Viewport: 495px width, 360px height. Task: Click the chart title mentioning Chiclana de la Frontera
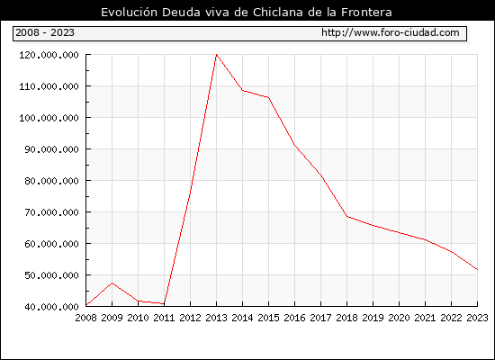click(247, 12)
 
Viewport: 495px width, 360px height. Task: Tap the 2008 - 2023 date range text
click(45, 32)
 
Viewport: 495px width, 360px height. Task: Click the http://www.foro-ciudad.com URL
click(391, 32)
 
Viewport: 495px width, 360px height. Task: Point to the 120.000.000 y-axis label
click(49, 55)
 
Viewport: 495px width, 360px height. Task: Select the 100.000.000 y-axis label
click(49, 118)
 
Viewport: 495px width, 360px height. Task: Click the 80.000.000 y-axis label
click(52, 181)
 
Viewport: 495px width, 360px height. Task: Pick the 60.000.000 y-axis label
click(52, 244)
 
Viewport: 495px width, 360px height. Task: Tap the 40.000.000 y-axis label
click(52, 307)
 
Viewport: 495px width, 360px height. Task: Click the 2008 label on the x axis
click(85, 318)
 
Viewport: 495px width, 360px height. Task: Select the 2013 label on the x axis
click(216, 318)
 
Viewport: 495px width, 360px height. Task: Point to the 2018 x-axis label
click(346, 318)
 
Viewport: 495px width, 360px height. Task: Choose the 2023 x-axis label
click(477, 318)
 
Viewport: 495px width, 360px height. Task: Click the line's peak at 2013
click(216, 55)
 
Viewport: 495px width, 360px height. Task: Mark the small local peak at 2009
click(112, 283)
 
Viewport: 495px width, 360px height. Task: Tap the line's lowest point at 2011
click(164, 304)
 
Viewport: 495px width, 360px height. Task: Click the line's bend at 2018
click(346, 216)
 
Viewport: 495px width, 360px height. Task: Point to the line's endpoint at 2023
click(477, 270)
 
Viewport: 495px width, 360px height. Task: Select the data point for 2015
click(269, 97)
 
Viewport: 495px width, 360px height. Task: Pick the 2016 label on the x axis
click(294, 318)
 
